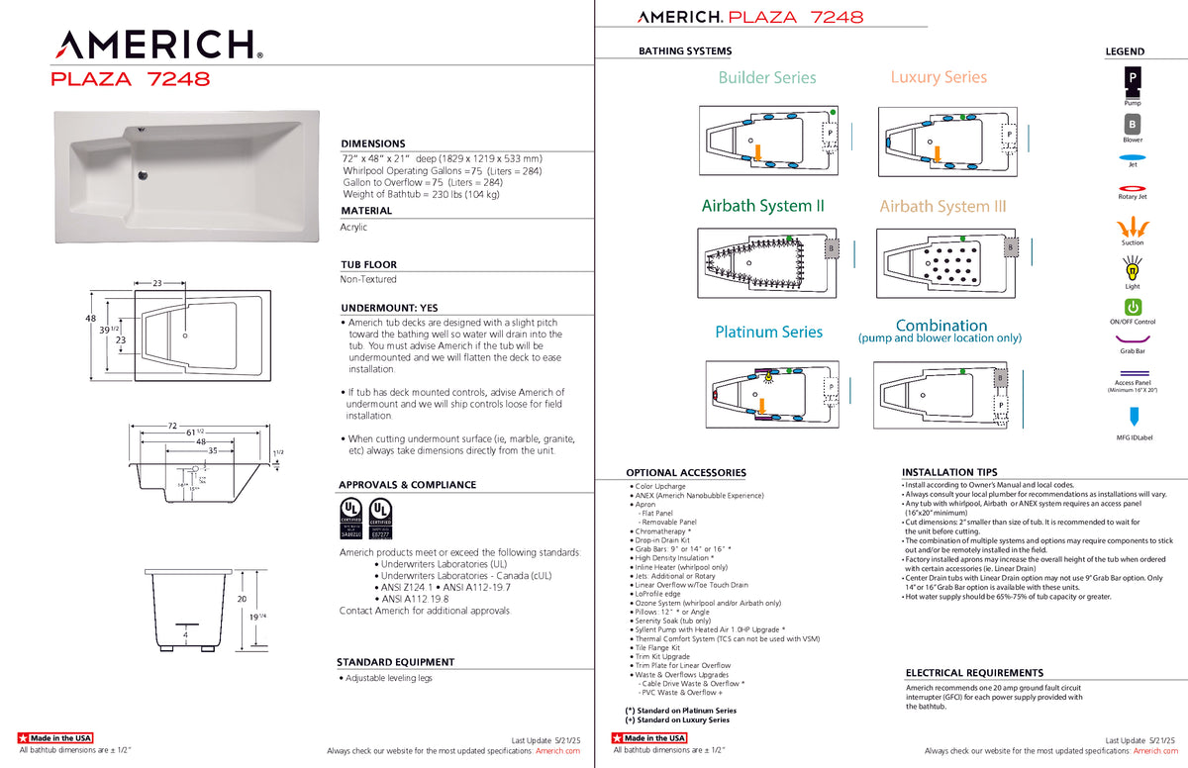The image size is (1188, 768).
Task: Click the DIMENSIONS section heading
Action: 373,144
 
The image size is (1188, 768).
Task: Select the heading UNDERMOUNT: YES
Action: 389,308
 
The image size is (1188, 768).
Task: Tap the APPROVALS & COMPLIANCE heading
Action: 408,485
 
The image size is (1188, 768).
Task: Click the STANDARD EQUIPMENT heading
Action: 396,662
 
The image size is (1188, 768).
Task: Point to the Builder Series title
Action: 767,77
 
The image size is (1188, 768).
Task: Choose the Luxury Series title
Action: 939,76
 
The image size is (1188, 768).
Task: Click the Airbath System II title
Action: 762,206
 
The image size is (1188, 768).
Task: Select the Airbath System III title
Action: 942,206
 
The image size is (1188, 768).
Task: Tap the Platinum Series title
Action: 768,332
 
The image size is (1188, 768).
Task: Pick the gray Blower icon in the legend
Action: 1132,124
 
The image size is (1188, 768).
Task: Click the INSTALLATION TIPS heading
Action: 949,472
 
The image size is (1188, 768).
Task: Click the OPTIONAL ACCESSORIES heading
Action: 686,473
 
